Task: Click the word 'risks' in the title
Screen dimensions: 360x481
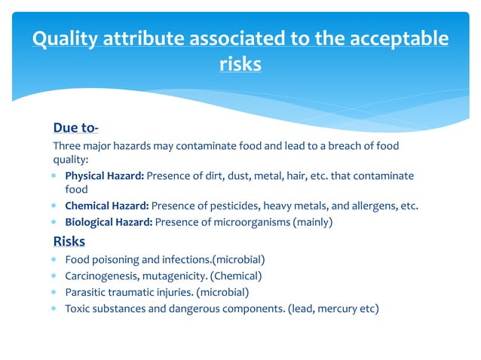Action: click(x=240, y=65)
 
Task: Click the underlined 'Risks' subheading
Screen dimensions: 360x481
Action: click(x=69, y=241)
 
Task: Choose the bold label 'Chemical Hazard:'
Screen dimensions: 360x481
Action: click(x=107, y=206)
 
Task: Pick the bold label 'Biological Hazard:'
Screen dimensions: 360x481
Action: click(x=109, y=222)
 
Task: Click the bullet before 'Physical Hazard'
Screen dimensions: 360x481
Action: click(x=54, y=176)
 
